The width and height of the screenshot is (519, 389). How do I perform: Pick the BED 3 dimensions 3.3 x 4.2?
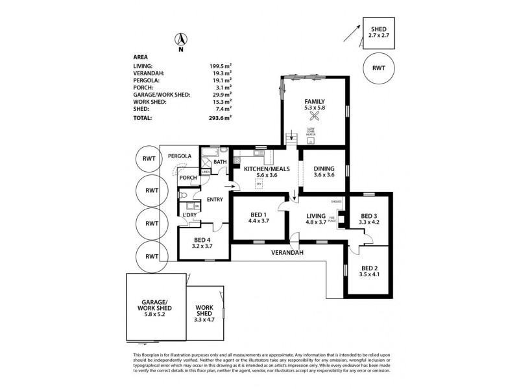coord(369,222)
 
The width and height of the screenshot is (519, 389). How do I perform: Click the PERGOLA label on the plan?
coord(179,156)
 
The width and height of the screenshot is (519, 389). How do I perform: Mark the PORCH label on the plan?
coord(188,178)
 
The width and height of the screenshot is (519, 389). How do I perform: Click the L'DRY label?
coord(189,215)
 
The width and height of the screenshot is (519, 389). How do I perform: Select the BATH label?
coord(220,163)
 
